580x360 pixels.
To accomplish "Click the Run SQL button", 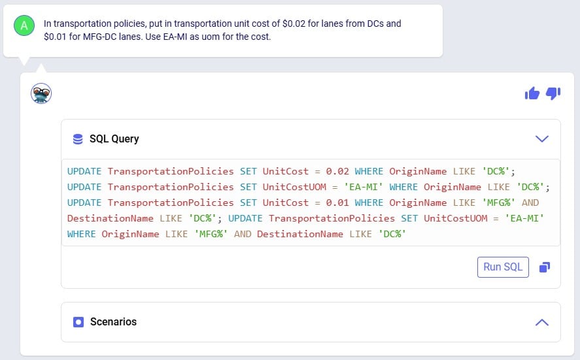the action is [503, 267].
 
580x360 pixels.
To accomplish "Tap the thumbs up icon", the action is [532, 93].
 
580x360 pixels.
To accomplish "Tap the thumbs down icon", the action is [553, 93].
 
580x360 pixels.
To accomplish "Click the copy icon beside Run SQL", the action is [544, 267].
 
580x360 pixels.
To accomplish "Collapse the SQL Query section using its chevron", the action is [541, 139].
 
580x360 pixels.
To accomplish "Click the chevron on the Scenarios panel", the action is [541, 322].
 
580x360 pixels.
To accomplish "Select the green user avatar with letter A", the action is [24, 25].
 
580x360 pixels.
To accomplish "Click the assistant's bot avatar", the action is [41, 93].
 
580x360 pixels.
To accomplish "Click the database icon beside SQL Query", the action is [78, 139].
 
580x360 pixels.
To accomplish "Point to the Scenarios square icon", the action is [78, 322].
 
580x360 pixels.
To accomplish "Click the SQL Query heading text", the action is [114, 139].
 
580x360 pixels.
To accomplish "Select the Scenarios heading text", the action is [113, 322].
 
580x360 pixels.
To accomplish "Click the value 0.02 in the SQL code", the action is [337, 171].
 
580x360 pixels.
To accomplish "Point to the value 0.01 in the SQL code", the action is [337, 203].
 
